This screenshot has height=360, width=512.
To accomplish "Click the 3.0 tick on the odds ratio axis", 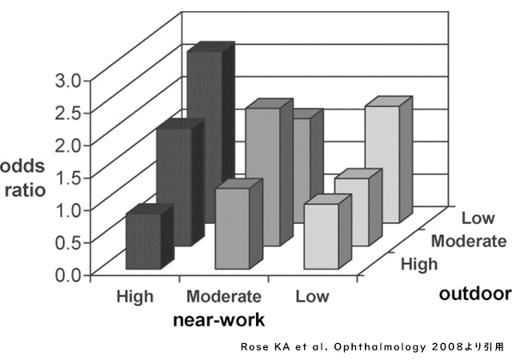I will (67, 80).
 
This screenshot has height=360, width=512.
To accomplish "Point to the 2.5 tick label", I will (67, 111).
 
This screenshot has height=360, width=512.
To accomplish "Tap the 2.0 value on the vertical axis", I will (67, 144).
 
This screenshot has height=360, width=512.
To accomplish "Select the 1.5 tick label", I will (67, 177).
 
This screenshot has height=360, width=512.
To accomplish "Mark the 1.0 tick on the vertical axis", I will (67, 210).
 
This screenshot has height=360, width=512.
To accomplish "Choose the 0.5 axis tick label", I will (67, 242).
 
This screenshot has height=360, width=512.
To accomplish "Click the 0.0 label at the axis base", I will (67, 274).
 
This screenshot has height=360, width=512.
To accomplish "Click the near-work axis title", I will (219, 319).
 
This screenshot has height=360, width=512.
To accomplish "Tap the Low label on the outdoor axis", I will (478, 218).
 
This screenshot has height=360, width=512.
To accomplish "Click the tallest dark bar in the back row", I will (204, 136).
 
